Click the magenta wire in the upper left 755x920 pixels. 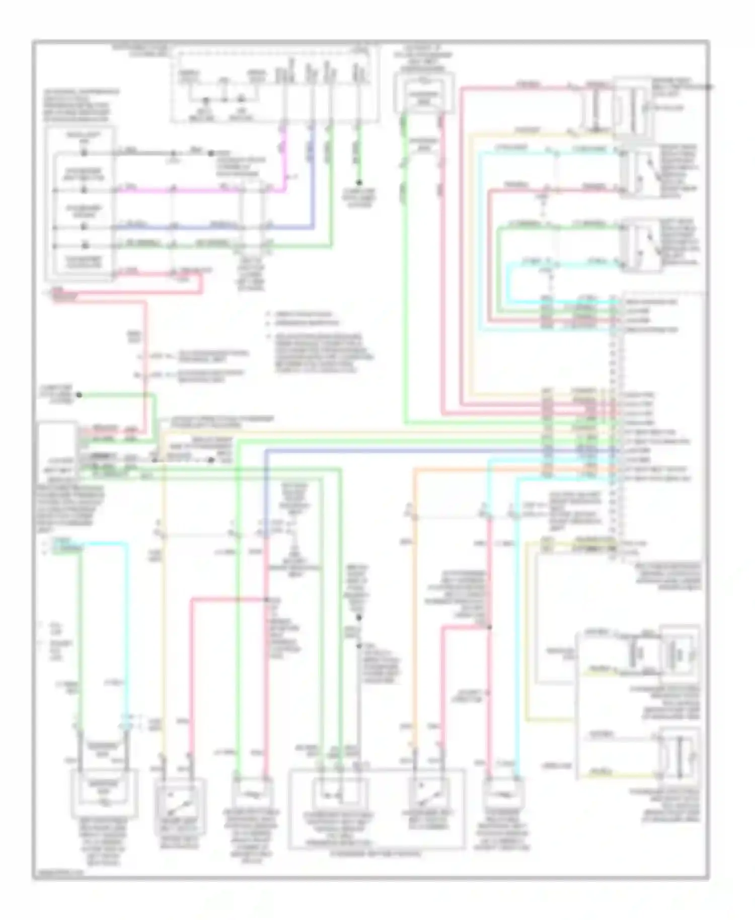pyautogui.click(x=201, y=191)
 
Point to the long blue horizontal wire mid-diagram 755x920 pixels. pyautogui.click(x=403, y=451)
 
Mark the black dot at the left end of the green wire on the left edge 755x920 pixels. pyautogui.click(x=79, y=396)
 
